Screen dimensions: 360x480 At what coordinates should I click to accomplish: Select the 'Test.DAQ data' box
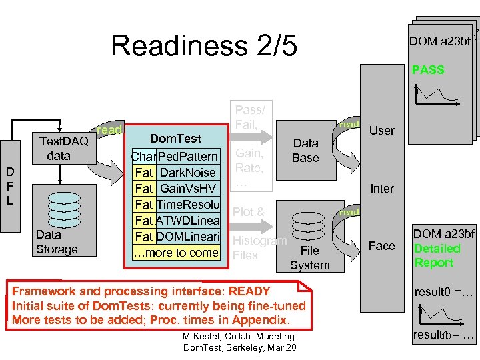(x=64, y=148)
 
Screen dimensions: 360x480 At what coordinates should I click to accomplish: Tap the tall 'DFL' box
(x=10, y=186)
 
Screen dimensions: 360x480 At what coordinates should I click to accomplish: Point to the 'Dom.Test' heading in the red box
(x=175, y=139)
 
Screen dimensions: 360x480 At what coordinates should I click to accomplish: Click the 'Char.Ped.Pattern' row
(x=175, y=157)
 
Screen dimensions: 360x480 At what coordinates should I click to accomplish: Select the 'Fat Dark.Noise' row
(x=175, y=173)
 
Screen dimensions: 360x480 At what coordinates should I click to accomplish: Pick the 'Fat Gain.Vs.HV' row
(x=175, y=189)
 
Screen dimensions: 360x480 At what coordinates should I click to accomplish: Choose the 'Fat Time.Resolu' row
(x=176, y=205)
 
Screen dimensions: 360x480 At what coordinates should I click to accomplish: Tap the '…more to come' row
(x=176, y=253)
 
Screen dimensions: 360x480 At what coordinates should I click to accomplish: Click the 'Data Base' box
(x=305, y=151)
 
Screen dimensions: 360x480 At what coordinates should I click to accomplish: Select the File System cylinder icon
(x=309, y=227)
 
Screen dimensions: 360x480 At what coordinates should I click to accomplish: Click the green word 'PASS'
(x=428, y=69)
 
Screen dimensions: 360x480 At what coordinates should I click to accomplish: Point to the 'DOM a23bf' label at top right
(x=440, y=41)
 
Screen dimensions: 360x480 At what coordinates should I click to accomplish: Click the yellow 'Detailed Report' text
(x=437, y=255)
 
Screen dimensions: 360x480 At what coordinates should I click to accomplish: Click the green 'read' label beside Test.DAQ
(x=109, y=130)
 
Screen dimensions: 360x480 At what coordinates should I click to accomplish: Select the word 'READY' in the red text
(x=249, y=291)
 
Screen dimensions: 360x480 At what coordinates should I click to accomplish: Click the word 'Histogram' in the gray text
(x=259, y=240)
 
